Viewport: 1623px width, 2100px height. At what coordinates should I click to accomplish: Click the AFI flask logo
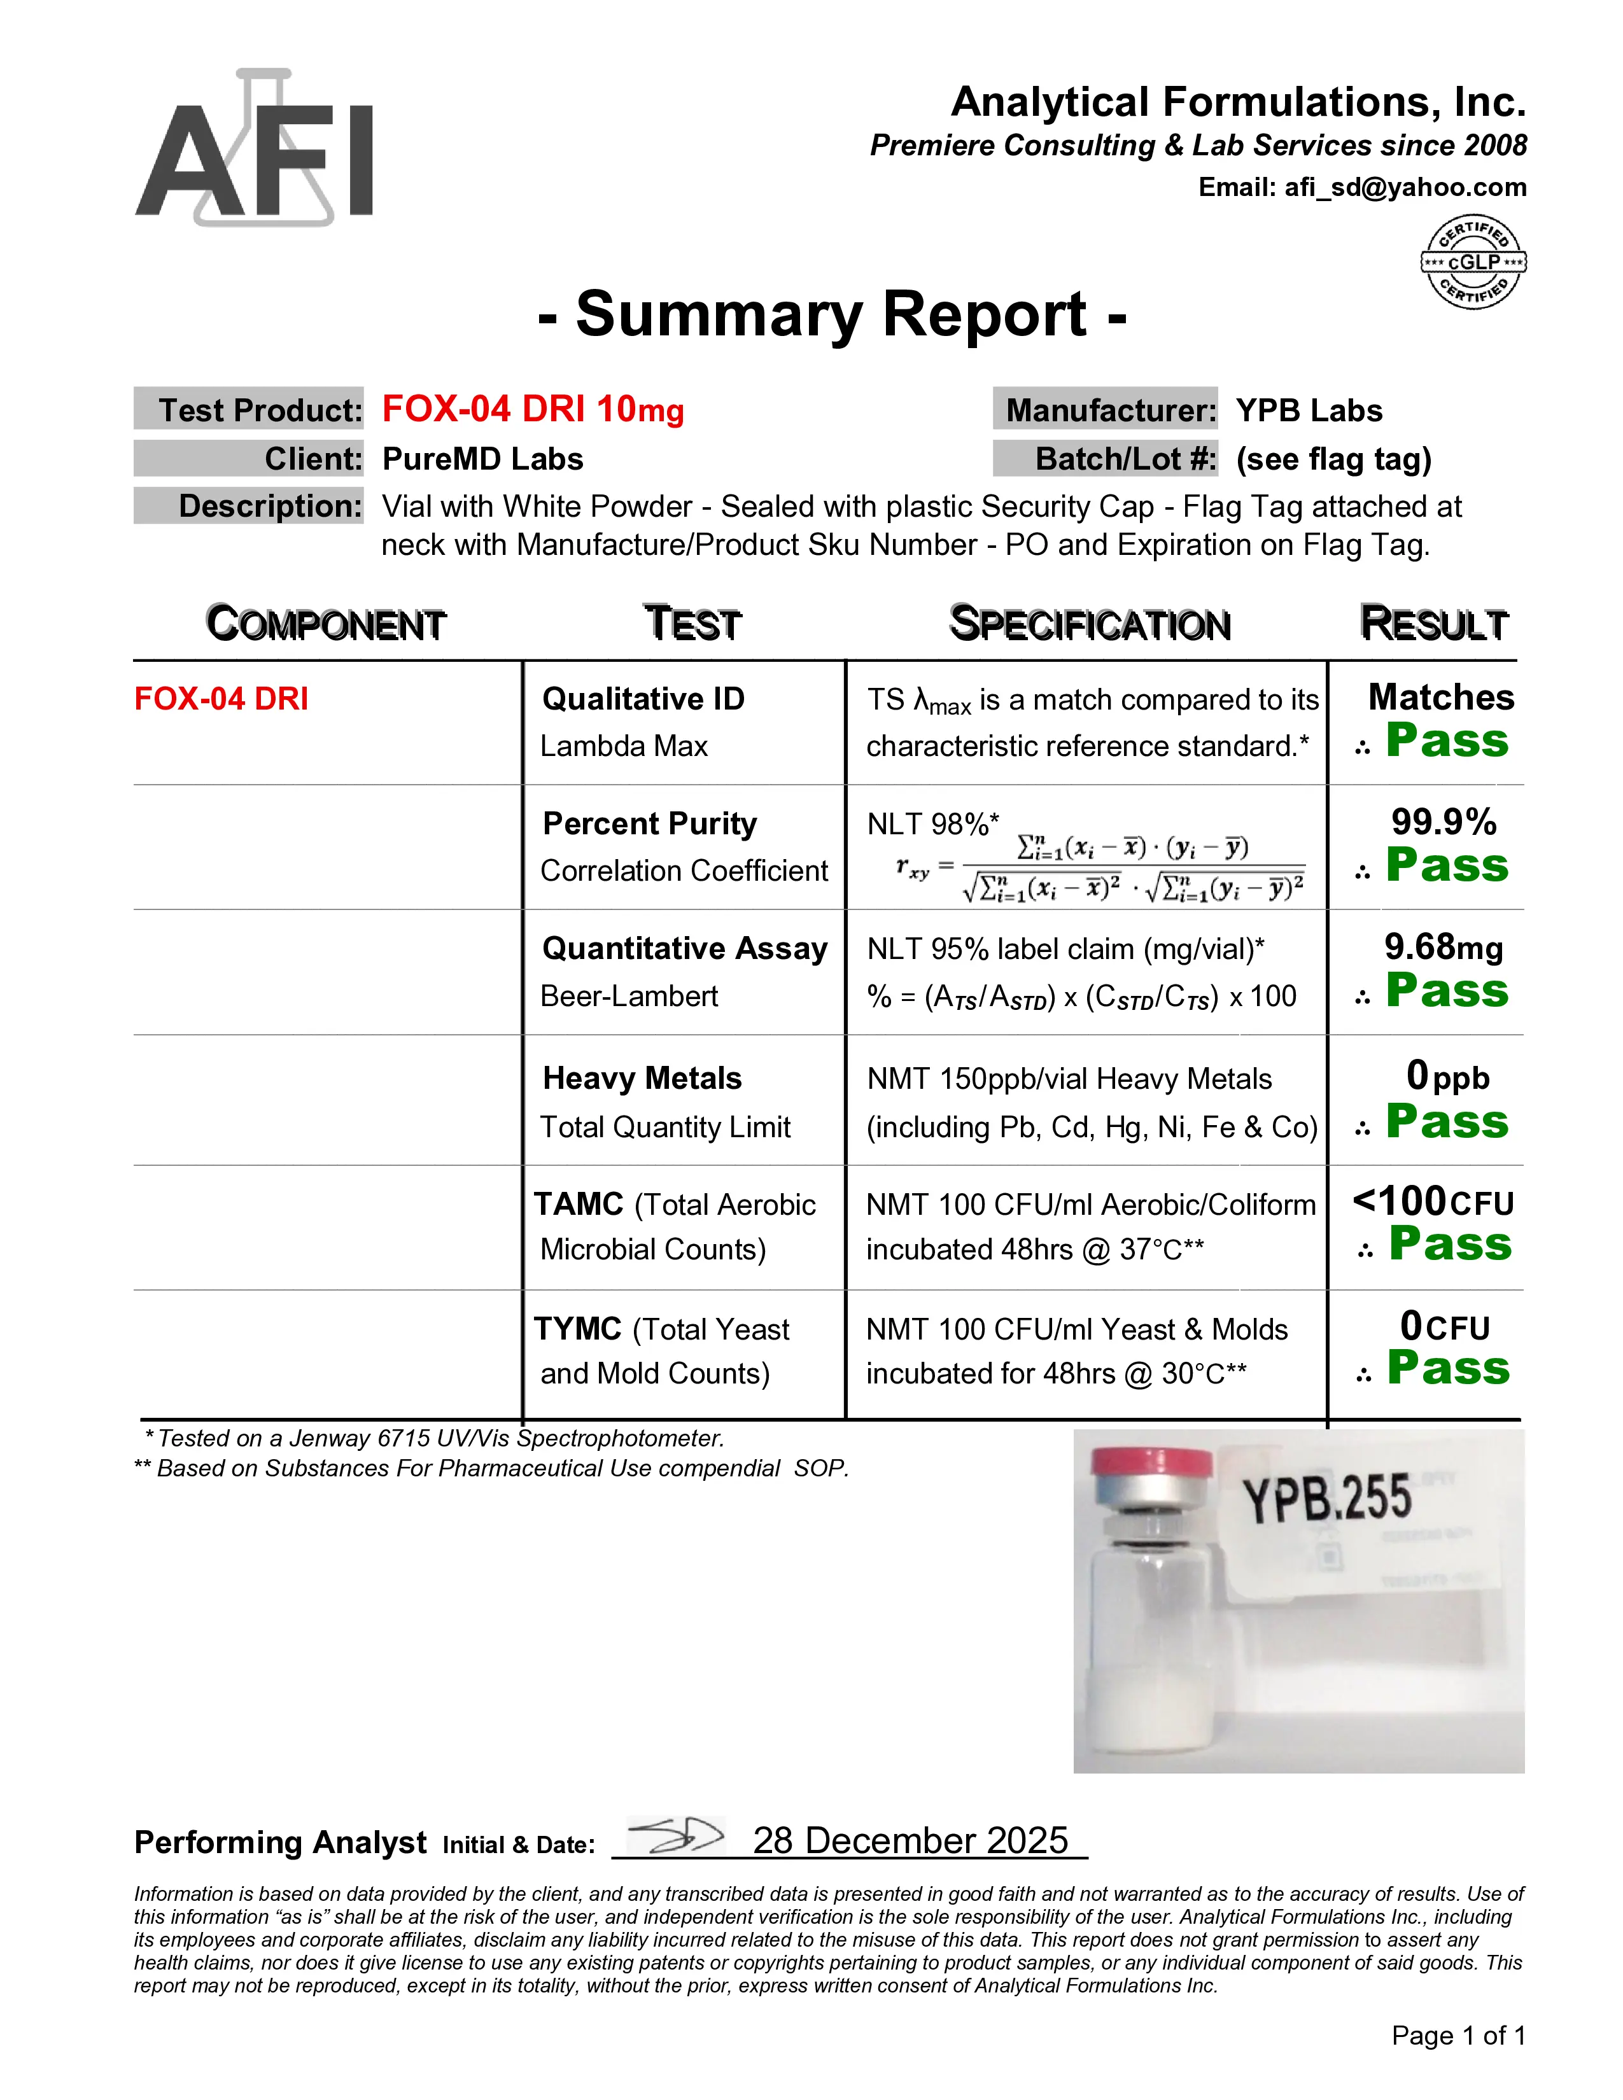pos(254,149)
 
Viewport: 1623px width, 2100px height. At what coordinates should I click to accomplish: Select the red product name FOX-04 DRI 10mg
pos(533,410)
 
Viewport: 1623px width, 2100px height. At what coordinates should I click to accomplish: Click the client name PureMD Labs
pos(482,459)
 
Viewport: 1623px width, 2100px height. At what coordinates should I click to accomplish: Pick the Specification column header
pos(1090,624)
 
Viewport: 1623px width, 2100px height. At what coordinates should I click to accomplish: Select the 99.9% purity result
pos(1444,822)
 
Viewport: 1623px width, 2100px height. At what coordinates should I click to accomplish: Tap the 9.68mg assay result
pos(1444,947)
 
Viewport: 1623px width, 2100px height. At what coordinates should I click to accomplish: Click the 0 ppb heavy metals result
pos(1447,1076)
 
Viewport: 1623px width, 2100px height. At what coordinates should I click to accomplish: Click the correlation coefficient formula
pos(1101,867)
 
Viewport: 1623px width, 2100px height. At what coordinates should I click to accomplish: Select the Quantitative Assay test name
pos(685,948)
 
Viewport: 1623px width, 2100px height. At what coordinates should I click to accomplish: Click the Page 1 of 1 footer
pos(1458,2036)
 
